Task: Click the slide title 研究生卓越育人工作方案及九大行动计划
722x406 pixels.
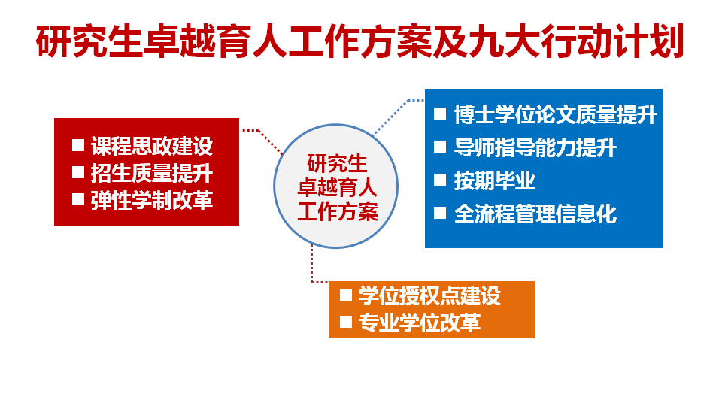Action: click(360, 43)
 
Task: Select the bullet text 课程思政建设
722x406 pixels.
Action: click(151, 146)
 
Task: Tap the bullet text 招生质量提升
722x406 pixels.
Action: click(151, 174)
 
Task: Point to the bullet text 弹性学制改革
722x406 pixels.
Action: click(151, 201)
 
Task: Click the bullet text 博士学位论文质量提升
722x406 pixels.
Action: click(555, 115)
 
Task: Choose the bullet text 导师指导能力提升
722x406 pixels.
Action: click(535, 147)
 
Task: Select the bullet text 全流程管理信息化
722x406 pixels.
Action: click(535, 214)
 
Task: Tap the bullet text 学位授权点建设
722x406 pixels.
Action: click(429, 295)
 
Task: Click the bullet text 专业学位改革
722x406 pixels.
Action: click(419, 323)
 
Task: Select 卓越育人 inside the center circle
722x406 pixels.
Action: click(337, 187)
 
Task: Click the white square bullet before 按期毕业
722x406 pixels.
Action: click(441, 180)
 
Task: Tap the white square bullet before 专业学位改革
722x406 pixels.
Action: click(346, 322)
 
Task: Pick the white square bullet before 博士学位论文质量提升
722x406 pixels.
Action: click(441, 114)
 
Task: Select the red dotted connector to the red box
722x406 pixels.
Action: click(262, 136)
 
